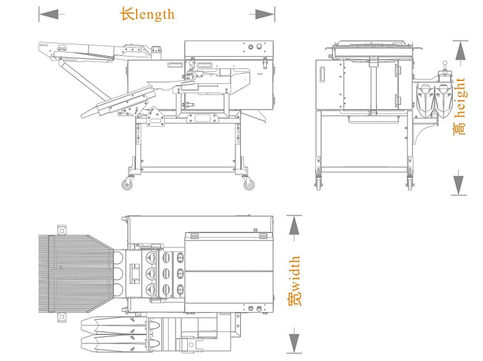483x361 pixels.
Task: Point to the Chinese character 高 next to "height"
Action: tap(460, 128)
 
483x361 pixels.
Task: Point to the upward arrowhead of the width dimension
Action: tap(293, 226)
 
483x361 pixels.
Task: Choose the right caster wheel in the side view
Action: tap(249, 185)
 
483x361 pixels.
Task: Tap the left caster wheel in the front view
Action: tap(318, 183)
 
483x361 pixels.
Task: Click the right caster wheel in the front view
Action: tap(410, 183)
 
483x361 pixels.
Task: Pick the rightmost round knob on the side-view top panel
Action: tap(260, 46)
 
